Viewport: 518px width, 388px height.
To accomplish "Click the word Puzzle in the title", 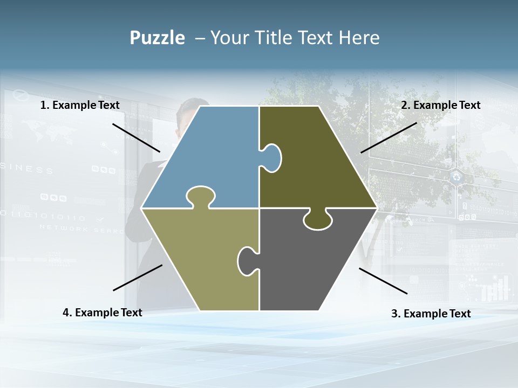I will coord(157,38).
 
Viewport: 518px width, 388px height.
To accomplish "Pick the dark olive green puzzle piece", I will coord(318,162).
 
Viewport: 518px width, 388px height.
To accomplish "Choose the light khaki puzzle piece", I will coord(200,259).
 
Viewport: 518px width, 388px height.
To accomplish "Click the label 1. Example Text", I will coord(80,105).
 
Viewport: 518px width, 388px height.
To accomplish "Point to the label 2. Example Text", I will coord(440,105).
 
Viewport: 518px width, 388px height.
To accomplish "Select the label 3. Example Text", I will coord(431,314).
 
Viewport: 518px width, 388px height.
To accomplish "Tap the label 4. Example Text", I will coord(103,313).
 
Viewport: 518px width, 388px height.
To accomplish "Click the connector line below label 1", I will coord(136,137).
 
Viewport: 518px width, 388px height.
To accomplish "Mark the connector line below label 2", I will coord(388,137).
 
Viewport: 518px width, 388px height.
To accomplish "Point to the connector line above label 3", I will coord(383,281).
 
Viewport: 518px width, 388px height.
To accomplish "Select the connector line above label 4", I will coord(138,278).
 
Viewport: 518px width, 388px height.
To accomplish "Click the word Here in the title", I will coord(359,38).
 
